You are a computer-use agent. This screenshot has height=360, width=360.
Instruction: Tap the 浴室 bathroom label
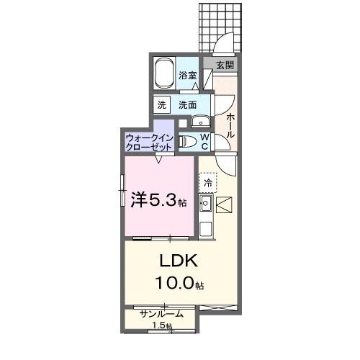(x=188, y=76)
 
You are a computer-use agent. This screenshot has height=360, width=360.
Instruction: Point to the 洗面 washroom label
(x=188, y=104)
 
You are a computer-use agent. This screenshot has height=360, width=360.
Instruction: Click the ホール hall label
(x=230, y=127)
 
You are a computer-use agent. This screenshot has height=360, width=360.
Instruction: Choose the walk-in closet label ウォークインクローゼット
(x=149, y=140)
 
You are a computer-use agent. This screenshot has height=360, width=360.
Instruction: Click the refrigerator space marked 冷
(x=208, y=183)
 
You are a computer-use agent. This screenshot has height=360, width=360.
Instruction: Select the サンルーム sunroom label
(x=161, y=314)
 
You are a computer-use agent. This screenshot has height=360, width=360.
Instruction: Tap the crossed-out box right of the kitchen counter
(x=223, y=206)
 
